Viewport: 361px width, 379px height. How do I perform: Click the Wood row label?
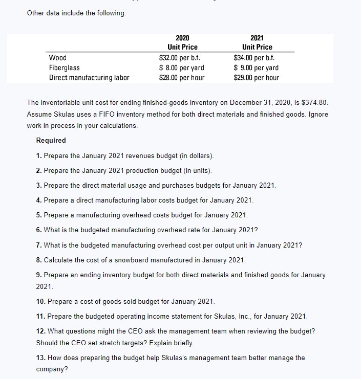tap(57, 58)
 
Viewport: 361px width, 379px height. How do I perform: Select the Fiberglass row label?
tap(64, 68)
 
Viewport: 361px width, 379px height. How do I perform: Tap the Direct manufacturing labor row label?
tap(89, 78)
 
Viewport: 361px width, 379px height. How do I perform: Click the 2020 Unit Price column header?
tap(182, 42)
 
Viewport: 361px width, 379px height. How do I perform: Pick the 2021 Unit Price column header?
tap(257, 42)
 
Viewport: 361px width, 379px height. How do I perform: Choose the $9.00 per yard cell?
tap(257, 68)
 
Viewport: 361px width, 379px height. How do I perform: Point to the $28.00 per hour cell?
tap(182, 78)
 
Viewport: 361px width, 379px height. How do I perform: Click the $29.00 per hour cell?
tap(257, 78)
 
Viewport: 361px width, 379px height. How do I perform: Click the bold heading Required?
tap(51, 140)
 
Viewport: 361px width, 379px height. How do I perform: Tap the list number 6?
tap(39, 230)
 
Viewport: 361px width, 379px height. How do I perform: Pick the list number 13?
tap(40, 358)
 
